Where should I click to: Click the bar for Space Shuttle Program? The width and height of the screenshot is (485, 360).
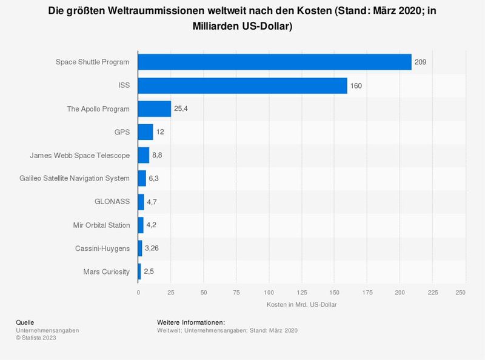point(275,62)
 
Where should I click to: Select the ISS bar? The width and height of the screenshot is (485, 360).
point(242,85)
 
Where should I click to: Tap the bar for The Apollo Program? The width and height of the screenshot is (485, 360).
point(155,109)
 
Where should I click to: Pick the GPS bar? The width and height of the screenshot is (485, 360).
point(145,132)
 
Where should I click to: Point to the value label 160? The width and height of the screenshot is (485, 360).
point(356,85)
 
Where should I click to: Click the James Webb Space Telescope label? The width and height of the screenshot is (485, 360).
point(80,156)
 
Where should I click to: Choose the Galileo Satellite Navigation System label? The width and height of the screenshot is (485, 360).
point(75,179)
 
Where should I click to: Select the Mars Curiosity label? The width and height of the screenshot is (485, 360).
point(107,272)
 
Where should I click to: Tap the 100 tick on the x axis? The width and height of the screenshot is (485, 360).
point(269,292)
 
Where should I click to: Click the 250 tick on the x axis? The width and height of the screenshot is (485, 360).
point(460,292)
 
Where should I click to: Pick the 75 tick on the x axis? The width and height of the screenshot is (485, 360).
point(236,292)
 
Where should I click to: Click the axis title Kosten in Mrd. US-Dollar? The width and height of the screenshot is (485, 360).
point(301,304)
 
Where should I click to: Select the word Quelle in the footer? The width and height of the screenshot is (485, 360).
point(25,322)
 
